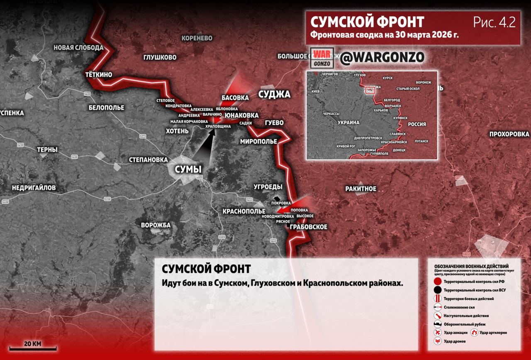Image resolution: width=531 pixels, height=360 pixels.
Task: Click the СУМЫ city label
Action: pyautogui.click(x=188, y=169)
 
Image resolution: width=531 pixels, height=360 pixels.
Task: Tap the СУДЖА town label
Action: pyautogui.click(x=274, y=94)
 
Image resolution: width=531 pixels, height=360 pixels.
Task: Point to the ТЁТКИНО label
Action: pyautogui.click(x=98, y=75)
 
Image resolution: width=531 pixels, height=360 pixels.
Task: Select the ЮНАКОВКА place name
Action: pyautogui.click(x=241, y=115)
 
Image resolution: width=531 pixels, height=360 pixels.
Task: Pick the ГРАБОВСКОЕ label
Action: pyautogui.click(x=308, y=227)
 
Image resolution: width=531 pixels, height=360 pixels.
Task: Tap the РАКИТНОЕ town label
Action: pyautogui.click(x=360, y=189)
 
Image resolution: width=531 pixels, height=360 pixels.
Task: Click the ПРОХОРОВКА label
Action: pyautogui.click(x=509, y=134)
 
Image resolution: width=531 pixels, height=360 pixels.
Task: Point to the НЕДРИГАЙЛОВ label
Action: pyautogui.click(x=34, y=188)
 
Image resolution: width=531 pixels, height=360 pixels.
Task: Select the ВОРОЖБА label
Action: pyautogui.click(x=156, y=225)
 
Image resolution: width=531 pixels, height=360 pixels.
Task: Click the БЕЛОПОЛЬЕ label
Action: pyautogui.click(x=106, y=108)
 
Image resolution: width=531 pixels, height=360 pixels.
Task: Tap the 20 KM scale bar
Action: pyautogui.click(x=33, y=348)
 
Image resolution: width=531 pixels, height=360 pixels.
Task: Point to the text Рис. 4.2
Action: pyautogui.click(x=494, y=22)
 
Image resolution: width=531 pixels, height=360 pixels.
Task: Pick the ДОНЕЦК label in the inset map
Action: pyautogui.click(x=399, y=149)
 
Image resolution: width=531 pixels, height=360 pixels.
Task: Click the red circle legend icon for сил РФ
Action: pyautogui.click(x=437, y=282)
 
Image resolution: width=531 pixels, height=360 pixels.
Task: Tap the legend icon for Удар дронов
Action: pyautogui.click(x=437, y=341)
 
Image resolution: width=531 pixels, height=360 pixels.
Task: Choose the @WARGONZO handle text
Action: pyautogui.click(x=382, y=58)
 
